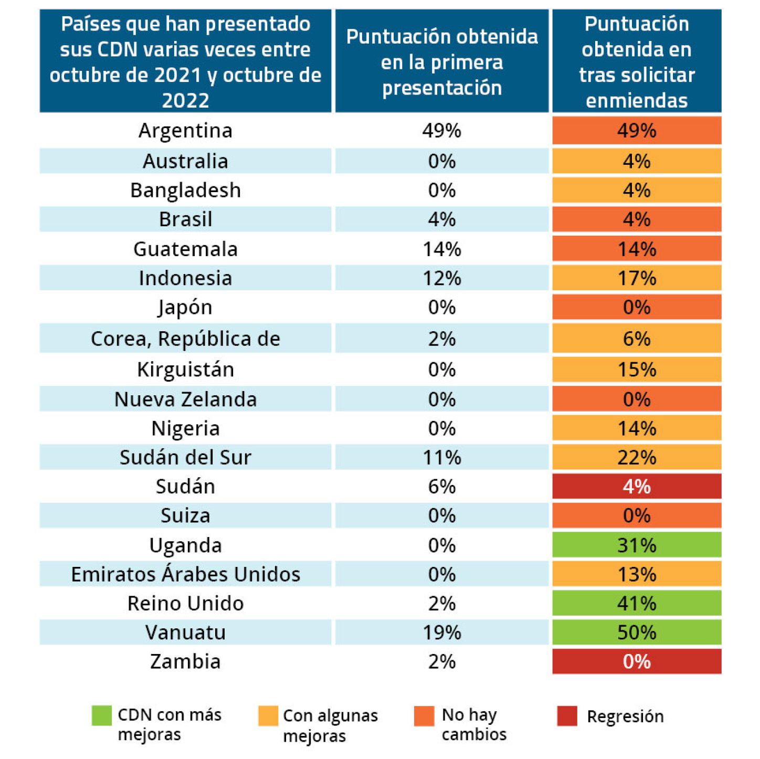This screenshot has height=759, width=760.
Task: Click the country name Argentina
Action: (185, 131)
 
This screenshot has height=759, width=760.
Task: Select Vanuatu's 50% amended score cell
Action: (637, 632)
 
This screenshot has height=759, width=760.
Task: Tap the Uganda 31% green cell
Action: (637, 545)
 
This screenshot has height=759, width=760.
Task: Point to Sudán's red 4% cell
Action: (637, 487)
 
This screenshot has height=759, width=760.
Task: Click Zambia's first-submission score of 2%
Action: (441, 662)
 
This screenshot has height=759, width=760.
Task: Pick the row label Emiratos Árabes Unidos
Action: (185, 574)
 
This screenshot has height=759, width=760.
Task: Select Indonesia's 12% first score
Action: (441, 278)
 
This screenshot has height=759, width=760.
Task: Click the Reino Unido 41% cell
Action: (637, 604)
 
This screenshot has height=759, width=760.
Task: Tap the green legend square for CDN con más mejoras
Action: (101, 715)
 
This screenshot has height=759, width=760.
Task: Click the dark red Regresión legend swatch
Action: (567, 716)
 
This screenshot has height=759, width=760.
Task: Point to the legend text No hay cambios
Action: (474, 724)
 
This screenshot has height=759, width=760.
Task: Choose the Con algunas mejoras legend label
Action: (330, 725)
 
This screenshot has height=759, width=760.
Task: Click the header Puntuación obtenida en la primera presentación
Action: (441, 62)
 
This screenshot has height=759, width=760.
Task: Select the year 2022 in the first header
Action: (185, 100)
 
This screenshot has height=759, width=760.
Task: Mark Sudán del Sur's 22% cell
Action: (637, 458)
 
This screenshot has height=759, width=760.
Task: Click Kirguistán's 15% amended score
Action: (637, 370)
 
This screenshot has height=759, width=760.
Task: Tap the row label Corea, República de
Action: (185, 339)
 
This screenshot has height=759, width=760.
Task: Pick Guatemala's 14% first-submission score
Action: (441, 249)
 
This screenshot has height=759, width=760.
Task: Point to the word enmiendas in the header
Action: (637, 100)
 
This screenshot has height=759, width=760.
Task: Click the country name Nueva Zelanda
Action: (185, 399)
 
